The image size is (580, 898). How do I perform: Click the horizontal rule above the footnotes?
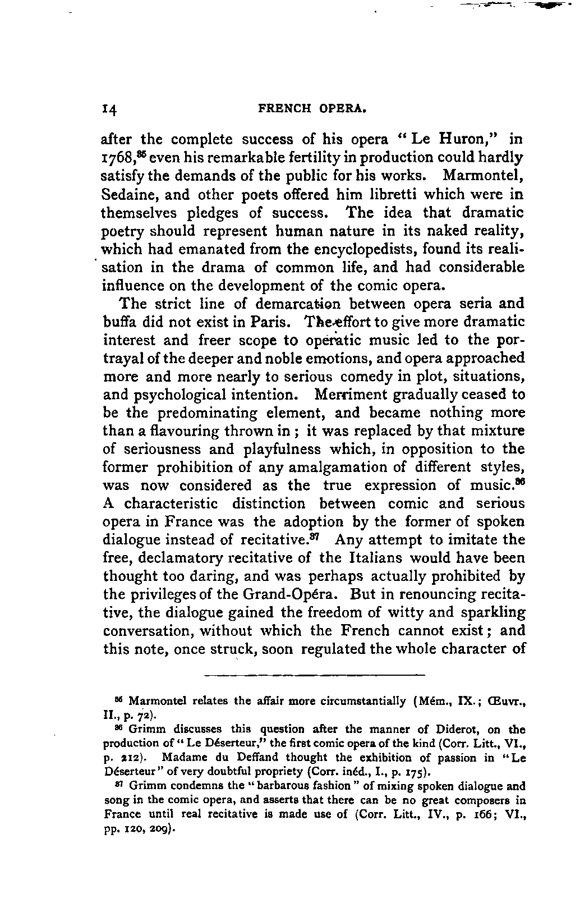coord(314,673)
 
